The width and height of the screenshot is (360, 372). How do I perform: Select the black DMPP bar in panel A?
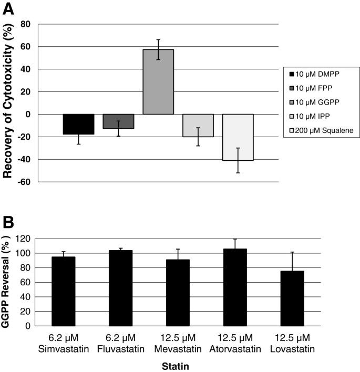(79, 124)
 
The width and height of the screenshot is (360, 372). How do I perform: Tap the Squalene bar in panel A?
(238, 137)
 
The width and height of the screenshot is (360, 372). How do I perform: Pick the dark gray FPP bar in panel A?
(118, 121)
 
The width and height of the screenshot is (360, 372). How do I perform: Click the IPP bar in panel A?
(198, 125)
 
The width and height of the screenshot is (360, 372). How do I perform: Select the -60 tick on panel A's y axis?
(24, 182)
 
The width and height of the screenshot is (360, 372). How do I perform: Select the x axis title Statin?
(171, 363)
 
